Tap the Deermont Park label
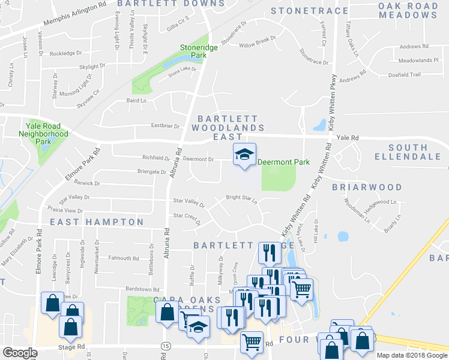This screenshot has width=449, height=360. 283,162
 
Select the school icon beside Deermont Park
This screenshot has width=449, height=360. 244,155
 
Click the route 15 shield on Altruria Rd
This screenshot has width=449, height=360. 164,346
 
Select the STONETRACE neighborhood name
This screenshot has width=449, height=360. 309,11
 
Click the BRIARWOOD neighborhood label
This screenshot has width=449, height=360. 367,187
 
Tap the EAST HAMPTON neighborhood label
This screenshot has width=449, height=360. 97,222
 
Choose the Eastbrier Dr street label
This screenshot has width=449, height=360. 165,126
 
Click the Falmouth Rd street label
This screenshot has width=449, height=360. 123,258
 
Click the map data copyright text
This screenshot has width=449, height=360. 411,355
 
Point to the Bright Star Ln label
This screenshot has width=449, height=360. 241,197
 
